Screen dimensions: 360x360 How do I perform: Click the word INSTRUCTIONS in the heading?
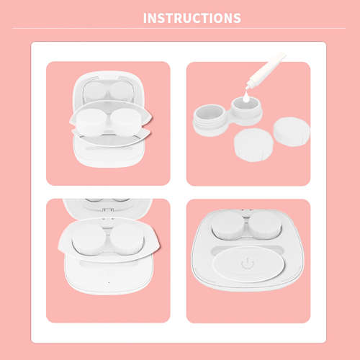[192, 17]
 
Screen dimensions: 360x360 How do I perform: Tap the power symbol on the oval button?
[247, 264]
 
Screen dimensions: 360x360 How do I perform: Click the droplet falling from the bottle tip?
[246, 94]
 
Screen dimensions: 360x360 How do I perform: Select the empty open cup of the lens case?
[210, 113]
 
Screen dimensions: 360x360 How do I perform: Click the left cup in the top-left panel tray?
[92, 118]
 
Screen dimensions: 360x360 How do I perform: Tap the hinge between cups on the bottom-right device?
[248, 216]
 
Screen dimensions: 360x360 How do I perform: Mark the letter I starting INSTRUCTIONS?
[145, 17]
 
